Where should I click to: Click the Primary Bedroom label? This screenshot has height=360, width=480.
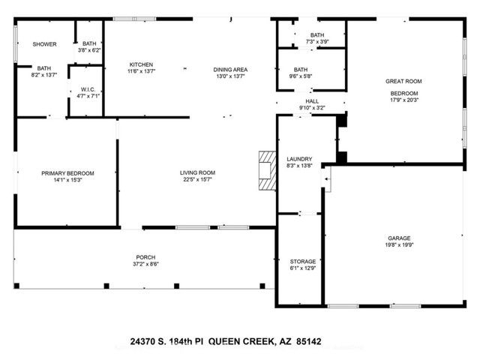67,173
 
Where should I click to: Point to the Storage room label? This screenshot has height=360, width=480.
302,262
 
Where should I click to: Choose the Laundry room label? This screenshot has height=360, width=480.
298,159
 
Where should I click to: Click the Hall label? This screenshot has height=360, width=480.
312,100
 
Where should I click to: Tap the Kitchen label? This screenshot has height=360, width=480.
141,64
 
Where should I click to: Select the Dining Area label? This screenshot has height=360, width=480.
231,70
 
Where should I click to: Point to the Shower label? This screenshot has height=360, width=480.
44,44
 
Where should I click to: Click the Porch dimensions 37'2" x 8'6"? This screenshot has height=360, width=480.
145,264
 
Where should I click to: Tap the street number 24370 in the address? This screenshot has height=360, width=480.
144,341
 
